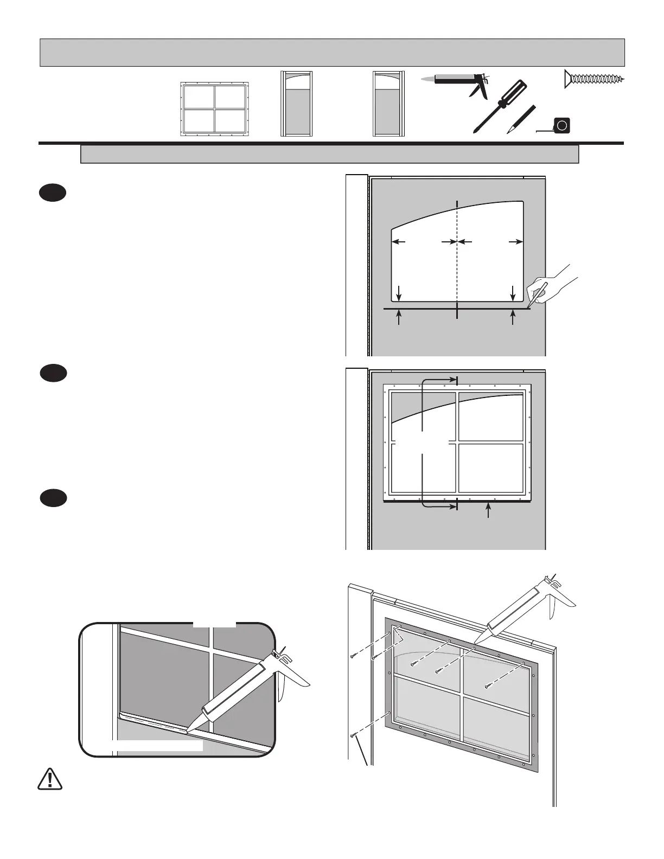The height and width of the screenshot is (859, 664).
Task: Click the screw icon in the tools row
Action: (594, 79)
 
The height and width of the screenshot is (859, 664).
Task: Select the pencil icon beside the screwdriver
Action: (521, 119)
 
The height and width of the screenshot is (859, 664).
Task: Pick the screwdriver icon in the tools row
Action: (499, 106)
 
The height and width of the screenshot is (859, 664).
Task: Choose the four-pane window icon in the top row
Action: (214, 110)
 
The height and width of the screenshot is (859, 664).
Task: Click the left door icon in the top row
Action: (296, 103)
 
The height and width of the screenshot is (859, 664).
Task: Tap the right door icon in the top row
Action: (388, 103)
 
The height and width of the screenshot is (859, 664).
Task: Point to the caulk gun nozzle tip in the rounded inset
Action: (188, 732)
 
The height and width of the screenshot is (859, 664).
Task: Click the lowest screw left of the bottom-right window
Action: (353, 735)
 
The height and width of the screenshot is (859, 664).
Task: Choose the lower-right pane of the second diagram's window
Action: (490, 467)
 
